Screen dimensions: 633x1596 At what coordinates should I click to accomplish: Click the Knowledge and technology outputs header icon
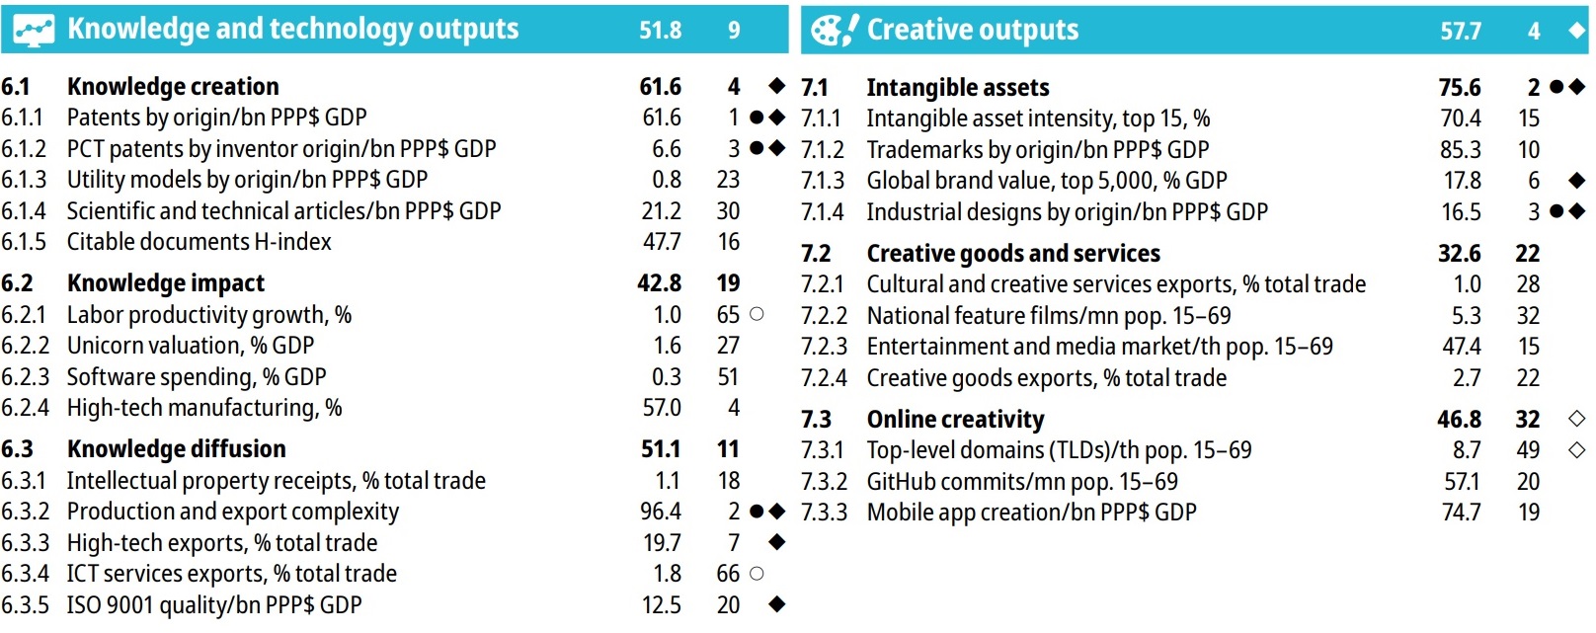(x=34, y=30)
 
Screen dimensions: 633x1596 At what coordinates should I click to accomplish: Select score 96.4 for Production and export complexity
(x=661, y=512)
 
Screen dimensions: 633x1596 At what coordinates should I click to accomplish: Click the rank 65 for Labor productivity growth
(x=728, y=315)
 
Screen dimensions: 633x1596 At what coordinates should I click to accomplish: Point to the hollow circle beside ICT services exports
(x=757, y=574)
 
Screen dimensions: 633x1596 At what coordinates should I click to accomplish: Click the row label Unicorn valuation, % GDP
(x=191, y=346)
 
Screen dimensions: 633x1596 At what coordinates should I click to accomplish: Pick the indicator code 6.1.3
(x=24, y=180)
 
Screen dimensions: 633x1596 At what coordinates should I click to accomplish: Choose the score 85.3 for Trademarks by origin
(x=1460, y=150)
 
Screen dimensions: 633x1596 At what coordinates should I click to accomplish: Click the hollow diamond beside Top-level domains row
(x=1576, y=450)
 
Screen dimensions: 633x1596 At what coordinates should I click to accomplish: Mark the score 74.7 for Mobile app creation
(x=1461, y=513)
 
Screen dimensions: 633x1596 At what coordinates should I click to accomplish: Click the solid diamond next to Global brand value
(x=1576, y=181)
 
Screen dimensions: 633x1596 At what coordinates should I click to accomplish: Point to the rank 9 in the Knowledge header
(x=734, y=31)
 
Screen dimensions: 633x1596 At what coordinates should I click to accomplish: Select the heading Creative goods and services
(x=1013, y=254)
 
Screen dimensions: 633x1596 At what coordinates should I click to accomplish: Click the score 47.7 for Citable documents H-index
(x=661, y=242)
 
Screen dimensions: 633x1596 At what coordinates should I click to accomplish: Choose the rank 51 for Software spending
(x=728, y=377)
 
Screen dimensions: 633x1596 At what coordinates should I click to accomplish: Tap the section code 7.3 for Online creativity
(x=816, y=420)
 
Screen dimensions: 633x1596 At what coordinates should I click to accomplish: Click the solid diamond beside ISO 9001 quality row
(x=777, y=604)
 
